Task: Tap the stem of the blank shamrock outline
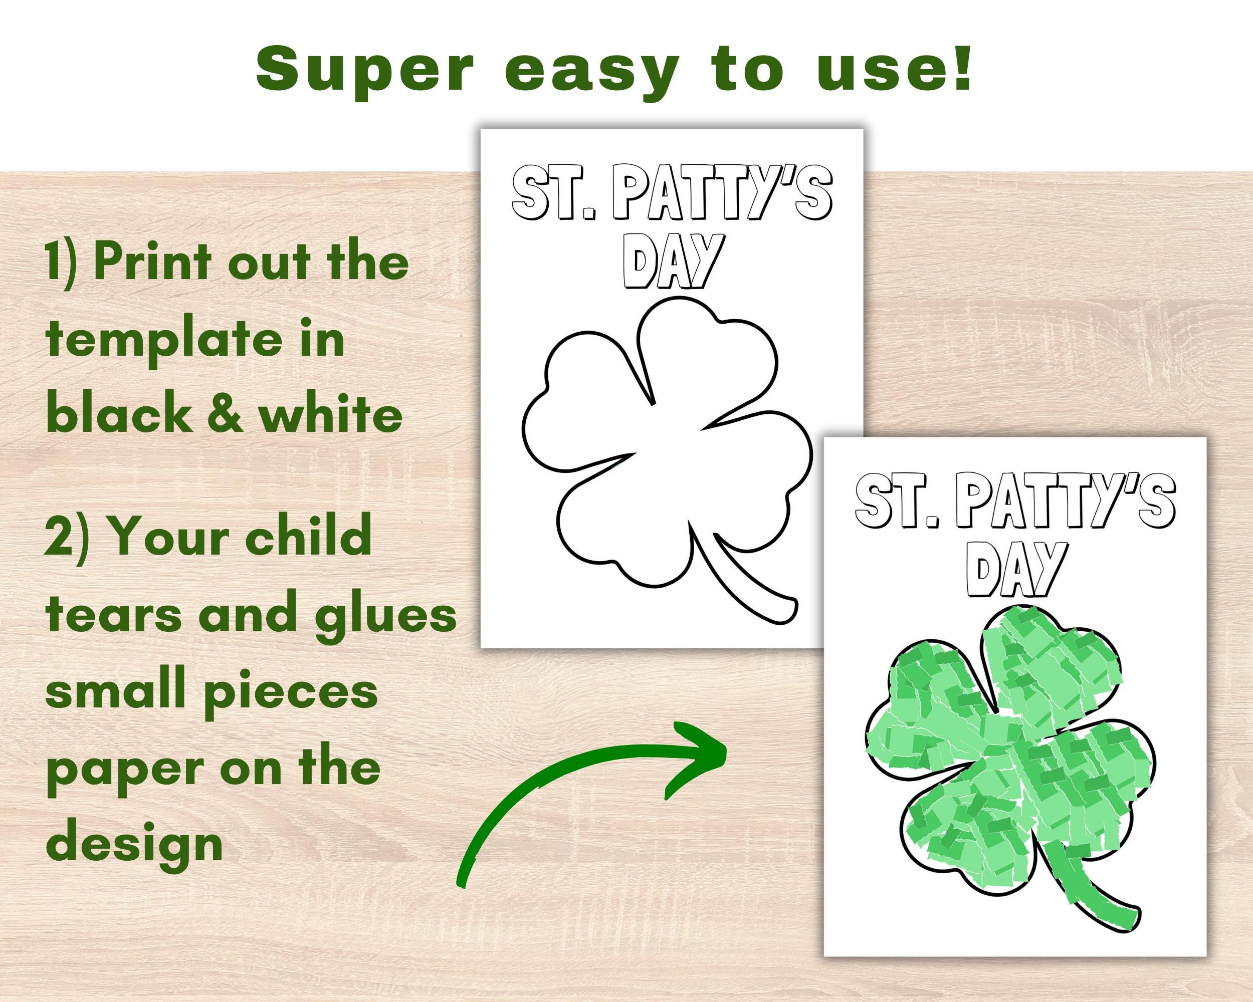[x=744, y=581]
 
